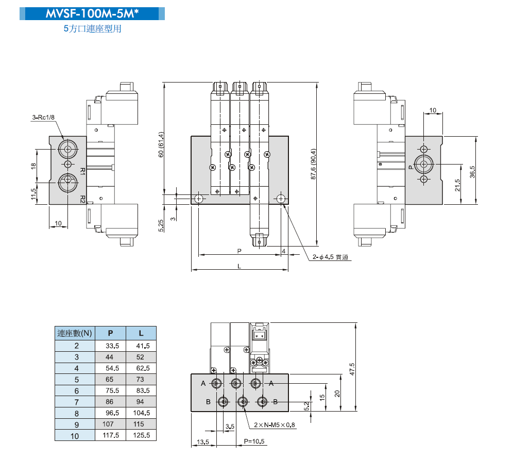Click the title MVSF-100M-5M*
point(93,14)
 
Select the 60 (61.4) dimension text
point(161,145)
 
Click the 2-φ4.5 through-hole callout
point(331,257)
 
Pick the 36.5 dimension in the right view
point(472,171)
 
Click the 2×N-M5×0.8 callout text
point(275,426)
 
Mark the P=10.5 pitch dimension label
point(254,442)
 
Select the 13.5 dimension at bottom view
point(203,442)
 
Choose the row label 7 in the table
point(76,402)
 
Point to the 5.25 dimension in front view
point(161,225)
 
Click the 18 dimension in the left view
point(33,166)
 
